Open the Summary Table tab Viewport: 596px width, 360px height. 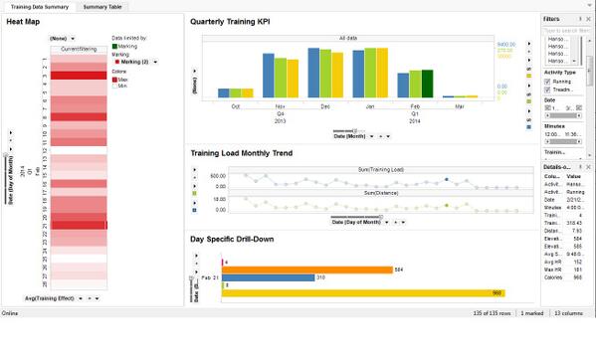103,7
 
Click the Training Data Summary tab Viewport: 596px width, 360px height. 39,7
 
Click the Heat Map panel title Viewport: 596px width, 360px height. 23,21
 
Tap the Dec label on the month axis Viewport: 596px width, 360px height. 325,104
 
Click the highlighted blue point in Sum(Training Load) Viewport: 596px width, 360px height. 447,180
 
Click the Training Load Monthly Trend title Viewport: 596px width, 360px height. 255,153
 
